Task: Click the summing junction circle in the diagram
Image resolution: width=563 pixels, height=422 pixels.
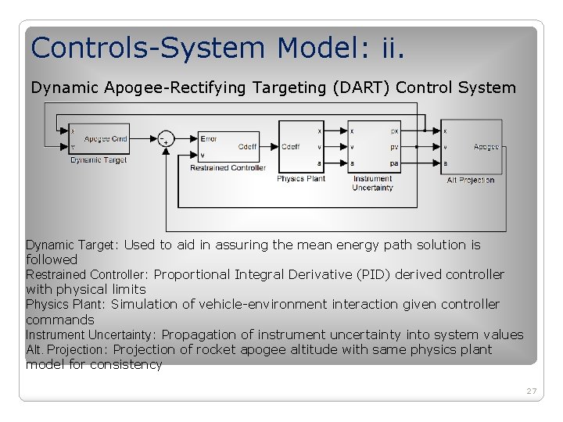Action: [x=165, y=139]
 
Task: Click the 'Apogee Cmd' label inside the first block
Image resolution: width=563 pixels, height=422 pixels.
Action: [x=106, y=139]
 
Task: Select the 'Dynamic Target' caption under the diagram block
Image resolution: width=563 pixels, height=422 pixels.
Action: [x=98, y=160]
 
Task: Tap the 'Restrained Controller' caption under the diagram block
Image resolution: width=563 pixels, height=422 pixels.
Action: [x=228, y=167]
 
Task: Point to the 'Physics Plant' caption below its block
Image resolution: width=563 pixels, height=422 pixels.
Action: [x=301, y=178]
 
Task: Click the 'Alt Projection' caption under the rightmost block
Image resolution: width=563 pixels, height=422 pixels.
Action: [x=471, y=180]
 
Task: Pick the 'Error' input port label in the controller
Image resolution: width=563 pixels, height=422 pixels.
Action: [x=209, y=138]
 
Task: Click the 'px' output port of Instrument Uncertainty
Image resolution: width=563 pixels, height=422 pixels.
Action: [x=394, y=131]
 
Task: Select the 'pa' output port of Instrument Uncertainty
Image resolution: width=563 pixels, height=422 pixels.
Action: [x=394, y=163]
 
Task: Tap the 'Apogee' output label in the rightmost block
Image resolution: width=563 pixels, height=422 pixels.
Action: [x=486, y=147]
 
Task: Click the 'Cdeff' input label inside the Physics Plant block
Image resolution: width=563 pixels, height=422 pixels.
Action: [x=290, y=147]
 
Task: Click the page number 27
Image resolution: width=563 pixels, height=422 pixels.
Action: [x=532, y=391]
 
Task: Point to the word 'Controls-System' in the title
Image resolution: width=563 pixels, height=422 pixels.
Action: [x=149, y=48]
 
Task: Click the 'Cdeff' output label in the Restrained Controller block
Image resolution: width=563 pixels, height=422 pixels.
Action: [x=247, y=147]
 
